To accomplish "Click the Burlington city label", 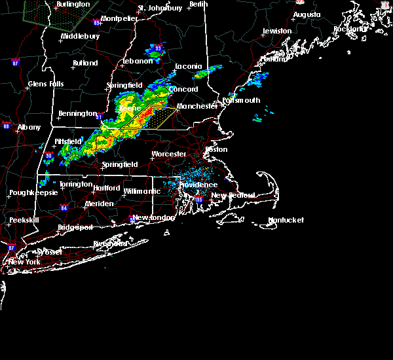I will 73,5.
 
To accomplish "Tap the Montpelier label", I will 119,18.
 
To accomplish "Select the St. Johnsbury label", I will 160,8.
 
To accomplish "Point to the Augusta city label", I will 307,14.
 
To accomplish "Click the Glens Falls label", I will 46,84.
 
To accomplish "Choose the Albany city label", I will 29,127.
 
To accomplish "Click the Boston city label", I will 216,149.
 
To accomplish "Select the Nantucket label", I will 286,221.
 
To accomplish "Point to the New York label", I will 24,262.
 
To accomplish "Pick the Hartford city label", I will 106,188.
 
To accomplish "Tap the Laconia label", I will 190,66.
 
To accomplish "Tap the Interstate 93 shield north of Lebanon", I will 158,48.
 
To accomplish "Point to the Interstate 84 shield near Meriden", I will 64,207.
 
